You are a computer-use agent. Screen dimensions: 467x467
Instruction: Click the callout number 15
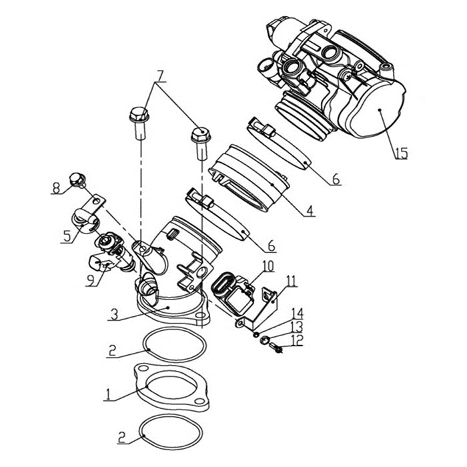400,153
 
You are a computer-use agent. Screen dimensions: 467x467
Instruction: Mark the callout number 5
66,236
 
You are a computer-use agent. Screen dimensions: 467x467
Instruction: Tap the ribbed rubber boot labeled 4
247,180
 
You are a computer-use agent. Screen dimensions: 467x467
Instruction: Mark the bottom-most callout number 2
121,437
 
